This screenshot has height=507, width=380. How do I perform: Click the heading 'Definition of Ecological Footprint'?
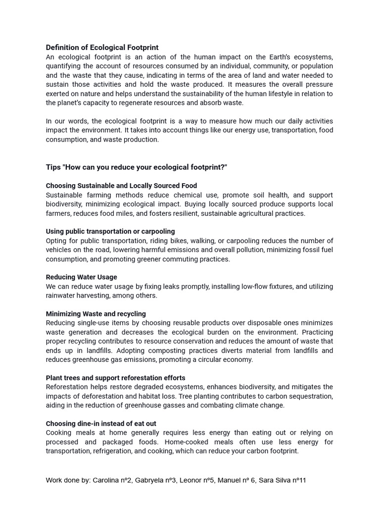click(102, 48)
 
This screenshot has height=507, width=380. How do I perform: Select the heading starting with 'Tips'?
click(136, 167)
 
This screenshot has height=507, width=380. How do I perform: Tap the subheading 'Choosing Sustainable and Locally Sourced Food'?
click(121, 186)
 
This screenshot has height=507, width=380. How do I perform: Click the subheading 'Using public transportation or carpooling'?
click(110, 231)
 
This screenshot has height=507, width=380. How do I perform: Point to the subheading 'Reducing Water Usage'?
click(81, 277)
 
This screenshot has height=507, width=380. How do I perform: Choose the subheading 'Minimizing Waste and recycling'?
click(95, 314)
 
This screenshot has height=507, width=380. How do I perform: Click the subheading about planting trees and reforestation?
click(115, 378)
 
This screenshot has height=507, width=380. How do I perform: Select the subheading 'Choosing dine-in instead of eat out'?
click(101, 424)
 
